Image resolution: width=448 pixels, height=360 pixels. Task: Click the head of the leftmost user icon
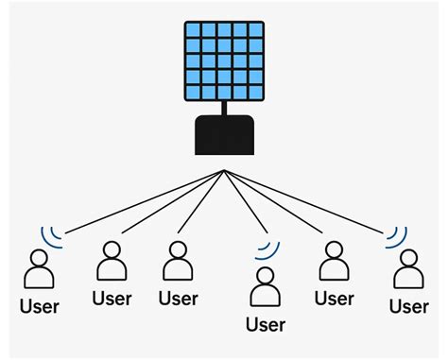pos(41,257)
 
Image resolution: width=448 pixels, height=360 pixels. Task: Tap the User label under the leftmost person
pos(40,306)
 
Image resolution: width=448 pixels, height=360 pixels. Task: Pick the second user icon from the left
pos(112,263)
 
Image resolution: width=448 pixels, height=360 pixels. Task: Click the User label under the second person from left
pos(112,299)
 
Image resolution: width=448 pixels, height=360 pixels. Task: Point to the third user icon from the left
pos(178,263)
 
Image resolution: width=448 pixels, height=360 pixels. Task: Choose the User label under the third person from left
pos(178,299)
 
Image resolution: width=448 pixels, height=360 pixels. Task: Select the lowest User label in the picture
pos(266,325)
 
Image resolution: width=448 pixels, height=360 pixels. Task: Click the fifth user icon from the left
pos(334,263)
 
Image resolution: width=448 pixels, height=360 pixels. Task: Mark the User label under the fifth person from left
pos(334,299)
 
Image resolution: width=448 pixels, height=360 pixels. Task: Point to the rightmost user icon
pos(409,270)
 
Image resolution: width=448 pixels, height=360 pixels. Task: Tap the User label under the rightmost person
pos(409,306)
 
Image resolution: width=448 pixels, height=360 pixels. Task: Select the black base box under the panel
pos(224,135)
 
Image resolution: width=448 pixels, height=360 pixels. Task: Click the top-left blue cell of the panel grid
pos(193,32)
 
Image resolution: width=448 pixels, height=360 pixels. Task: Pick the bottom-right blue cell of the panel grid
pos(254,93)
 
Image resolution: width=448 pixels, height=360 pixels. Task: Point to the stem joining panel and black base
pos(224,109)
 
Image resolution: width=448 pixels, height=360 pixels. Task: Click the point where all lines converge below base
pos(224,171)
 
